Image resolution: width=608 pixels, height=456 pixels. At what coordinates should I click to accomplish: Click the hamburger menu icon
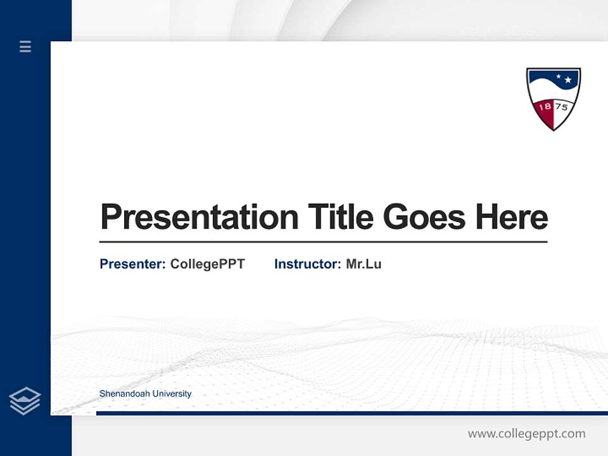(x=25, y=46)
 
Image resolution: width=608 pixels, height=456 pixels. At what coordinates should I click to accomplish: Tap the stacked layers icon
(x=25, y=401)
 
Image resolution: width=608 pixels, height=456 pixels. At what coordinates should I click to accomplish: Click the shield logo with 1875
(x=553, y=98)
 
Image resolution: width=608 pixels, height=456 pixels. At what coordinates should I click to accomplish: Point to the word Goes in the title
(x=424, y=217)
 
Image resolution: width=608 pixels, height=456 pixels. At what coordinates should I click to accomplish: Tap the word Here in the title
(x=511, y=217)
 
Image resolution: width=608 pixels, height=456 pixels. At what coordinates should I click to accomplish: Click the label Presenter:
(x=132, y=264)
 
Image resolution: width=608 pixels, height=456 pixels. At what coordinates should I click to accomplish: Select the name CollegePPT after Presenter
(x=207, y=264)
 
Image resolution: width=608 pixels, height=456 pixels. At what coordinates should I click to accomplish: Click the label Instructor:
(x=307, y=264)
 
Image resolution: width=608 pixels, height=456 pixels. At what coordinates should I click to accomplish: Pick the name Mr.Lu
(x=364, y=264)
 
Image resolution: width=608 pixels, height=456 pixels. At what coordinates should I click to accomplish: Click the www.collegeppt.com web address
(x=526, y=434)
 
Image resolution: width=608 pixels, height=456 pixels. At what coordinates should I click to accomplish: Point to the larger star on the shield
(x=568, y=80)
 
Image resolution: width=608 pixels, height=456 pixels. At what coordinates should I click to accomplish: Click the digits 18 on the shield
(x=545, y=106)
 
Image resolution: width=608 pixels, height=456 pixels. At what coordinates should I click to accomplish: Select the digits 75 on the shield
(x=561, y=106)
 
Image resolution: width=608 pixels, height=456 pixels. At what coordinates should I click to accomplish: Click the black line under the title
(x=323, y=241)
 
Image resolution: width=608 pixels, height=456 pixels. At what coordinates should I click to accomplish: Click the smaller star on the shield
(x=558, y=77)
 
